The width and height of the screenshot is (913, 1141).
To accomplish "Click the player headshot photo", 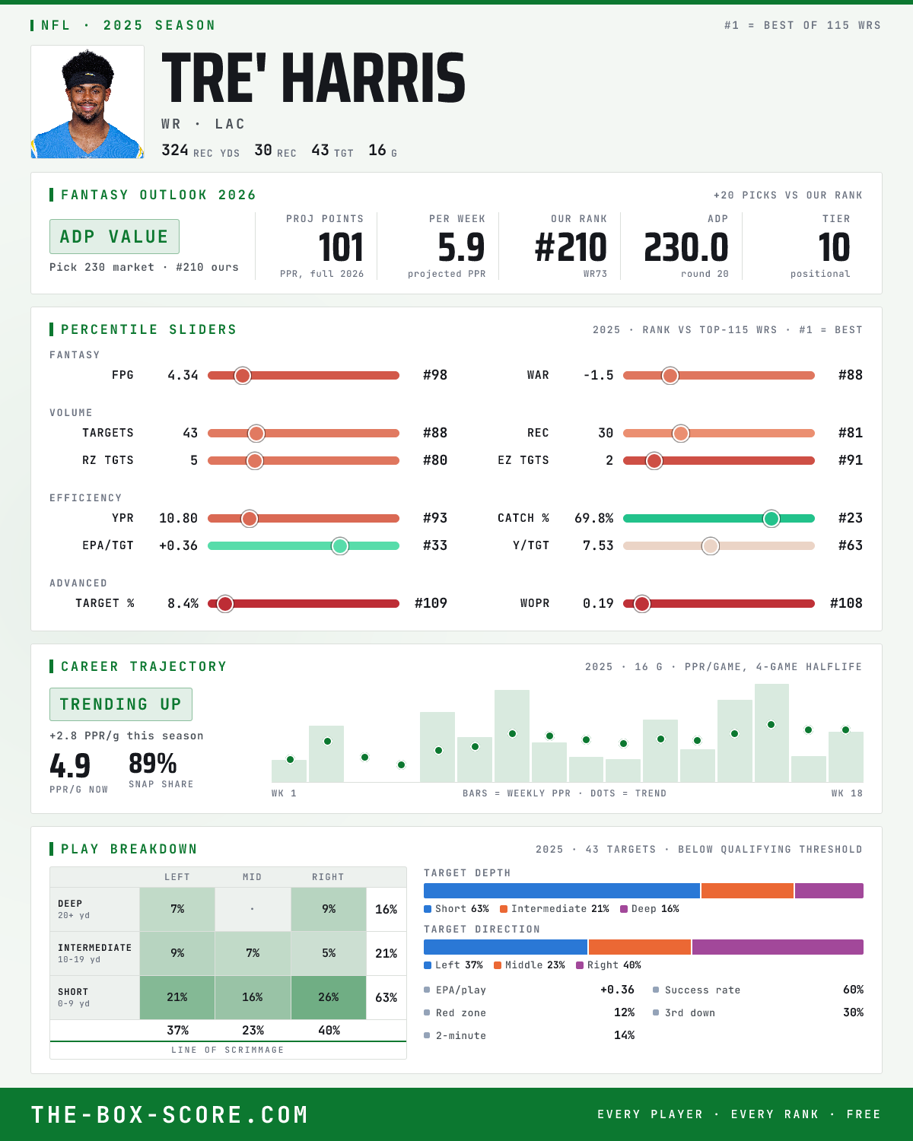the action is (87, 102).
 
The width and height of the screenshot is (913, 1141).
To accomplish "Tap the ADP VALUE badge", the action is (114, 237).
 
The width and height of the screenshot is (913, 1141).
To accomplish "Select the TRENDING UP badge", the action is (121, 704).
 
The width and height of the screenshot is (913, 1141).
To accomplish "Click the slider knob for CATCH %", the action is (771, 519).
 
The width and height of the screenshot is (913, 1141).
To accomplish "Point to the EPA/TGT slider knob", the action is (340, 546).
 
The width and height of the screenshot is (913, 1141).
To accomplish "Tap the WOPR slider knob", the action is (642, 604).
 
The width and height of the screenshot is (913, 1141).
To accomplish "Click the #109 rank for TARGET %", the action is (431, 603).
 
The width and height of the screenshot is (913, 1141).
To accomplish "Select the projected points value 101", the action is (341, 248).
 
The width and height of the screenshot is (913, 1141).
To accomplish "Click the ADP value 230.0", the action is (686, 248).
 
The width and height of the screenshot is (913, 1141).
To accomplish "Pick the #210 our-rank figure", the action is (571, 248).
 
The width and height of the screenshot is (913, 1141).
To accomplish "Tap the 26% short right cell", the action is (329, 997).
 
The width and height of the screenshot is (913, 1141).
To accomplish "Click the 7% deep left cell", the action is (177, 909).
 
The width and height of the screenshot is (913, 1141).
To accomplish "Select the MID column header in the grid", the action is (252, 877).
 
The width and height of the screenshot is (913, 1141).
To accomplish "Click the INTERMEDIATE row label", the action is (94, 948).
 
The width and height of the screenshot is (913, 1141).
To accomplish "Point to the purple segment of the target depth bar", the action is (829, 891).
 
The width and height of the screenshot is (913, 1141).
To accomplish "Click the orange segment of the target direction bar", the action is (640, 947).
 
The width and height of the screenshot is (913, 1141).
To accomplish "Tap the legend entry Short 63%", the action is (456, 909).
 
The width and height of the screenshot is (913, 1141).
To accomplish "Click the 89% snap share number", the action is (152, 764).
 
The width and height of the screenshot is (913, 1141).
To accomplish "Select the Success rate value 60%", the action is (853, 990).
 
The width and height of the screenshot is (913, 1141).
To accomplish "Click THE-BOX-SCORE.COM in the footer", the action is (170, 1114).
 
